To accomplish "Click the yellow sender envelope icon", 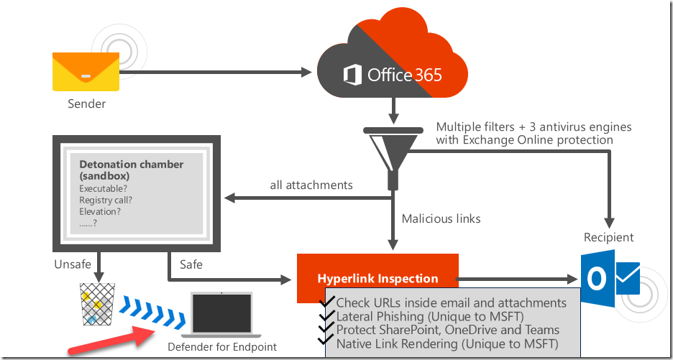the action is coord(86,72).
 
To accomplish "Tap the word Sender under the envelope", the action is coord(87,103).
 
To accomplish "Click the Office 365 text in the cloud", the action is coord(393,75).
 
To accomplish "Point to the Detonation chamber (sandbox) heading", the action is coord(132,170).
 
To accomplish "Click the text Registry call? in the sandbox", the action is coord(106,200).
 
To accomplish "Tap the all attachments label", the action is coord(311,185).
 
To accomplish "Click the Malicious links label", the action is coord(441,218).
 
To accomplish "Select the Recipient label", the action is coord(608,237).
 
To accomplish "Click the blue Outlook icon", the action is coord(610,279).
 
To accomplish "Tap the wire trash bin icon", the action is coord(98,304).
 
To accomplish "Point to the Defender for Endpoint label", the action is coord(222,346).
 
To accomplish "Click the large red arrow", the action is coord(110,341).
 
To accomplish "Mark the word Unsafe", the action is coord(73,264).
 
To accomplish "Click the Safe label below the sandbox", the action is coord(191,264).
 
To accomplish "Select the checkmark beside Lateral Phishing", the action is coord(327,315).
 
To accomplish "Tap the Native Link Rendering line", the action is coord(447,343).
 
